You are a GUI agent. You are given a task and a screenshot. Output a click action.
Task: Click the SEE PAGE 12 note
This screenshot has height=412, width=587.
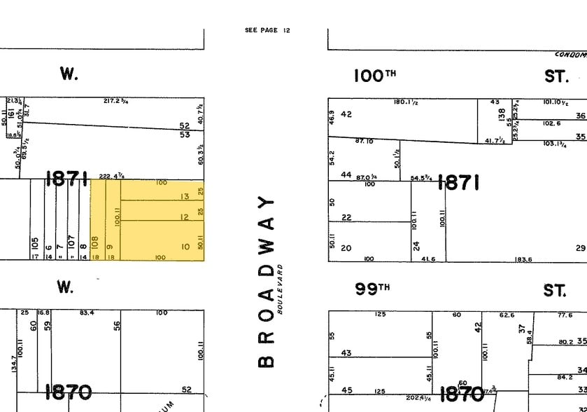coord(267,30)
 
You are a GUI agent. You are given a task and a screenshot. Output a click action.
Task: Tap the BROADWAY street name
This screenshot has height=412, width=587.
coord(265,282)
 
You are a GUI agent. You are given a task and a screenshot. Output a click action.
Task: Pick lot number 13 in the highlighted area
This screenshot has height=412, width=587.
coord(185,197)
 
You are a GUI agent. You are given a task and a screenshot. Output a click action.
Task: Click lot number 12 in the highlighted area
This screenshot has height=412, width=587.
coord(185,218)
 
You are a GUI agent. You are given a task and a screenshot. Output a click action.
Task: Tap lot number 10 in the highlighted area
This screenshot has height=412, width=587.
coord(185,247)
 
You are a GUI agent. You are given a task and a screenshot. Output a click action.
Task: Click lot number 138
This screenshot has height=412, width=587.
coord(501,114)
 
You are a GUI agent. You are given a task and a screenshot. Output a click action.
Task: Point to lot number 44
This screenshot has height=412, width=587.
coord(346,174)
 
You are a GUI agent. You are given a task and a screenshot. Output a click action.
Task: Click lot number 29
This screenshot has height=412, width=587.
coord(580,248)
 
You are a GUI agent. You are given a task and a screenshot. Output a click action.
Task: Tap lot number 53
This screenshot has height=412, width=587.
coord(185,134)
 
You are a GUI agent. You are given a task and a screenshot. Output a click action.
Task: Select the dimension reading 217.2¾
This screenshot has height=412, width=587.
coord(116,101)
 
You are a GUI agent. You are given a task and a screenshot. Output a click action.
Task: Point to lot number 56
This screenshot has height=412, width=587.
coord(118,326)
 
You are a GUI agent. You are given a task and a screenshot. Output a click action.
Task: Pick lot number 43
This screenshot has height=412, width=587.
coord(346,352)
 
